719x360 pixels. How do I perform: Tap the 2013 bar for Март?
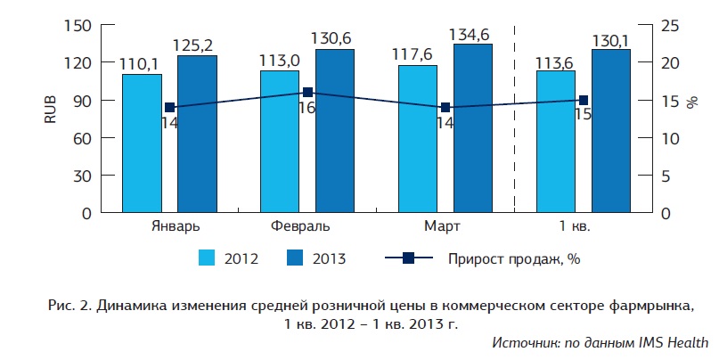(473, 128)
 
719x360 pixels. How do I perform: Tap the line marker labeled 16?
(307, 92)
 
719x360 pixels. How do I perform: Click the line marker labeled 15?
(584, 101)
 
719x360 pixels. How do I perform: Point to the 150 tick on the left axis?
(81, 25)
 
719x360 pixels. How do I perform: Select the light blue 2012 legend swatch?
(208, 258)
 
